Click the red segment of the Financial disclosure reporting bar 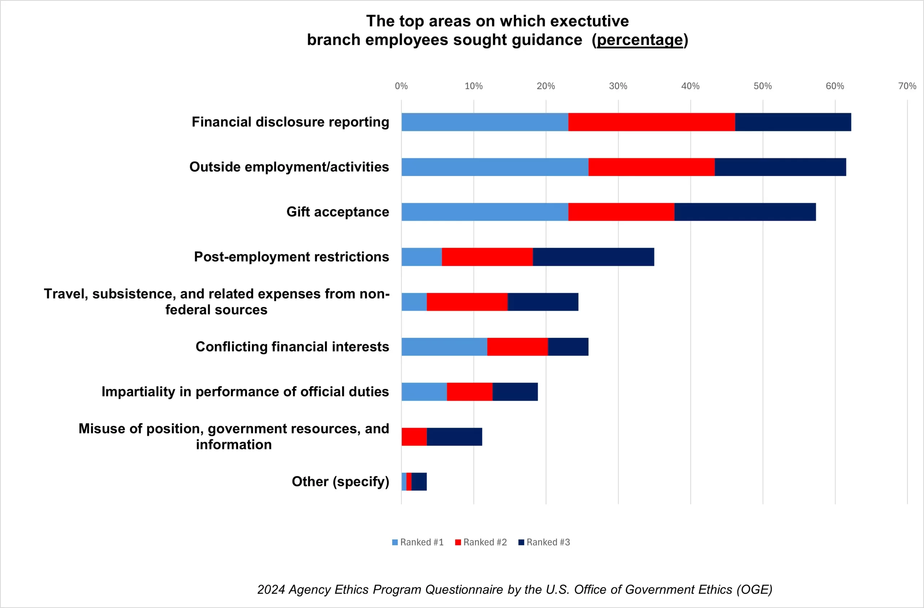point(651,122)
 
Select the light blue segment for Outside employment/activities point(494,167)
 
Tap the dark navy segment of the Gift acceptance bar point(745,212)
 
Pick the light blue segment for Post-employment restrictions point(422,257)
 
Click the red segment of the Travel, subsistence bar point(467,302)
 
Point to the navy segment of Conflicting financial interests point(568,346)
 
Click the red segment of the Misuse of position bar point(414,437)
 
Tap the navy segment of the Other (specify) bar point(419,482)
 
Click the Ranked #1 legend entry point(418,542)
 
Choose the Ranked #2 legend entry point(481,542)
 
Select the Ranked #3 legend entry point(544,542)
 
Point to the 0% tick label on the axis point(401,86)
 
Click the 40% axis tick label point(690,86)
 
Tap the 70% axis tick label point(907,86)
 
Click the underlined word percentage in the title point(640,40)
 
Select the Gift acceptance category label point(337,212)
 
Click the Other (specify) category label point(340,482)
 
